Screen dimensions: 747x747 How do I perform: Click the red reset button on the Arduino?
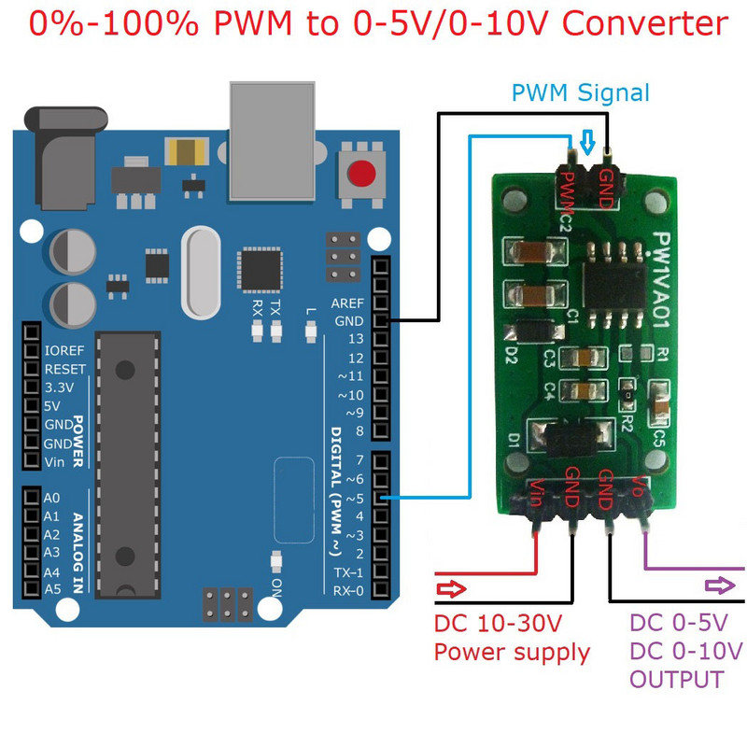point(361,174)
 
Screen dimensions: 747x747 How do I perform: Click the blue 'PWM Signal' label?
point(580,93)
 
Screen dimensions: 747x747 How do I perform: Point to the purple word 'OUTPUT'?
point(677,679)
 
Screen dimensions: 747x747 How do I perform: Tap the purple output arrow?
point(719,585)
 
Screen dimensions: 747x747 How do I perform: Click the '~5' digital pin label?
point(353,498)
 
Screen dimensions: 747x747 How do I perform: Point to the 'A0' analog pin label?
point(52,498)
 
